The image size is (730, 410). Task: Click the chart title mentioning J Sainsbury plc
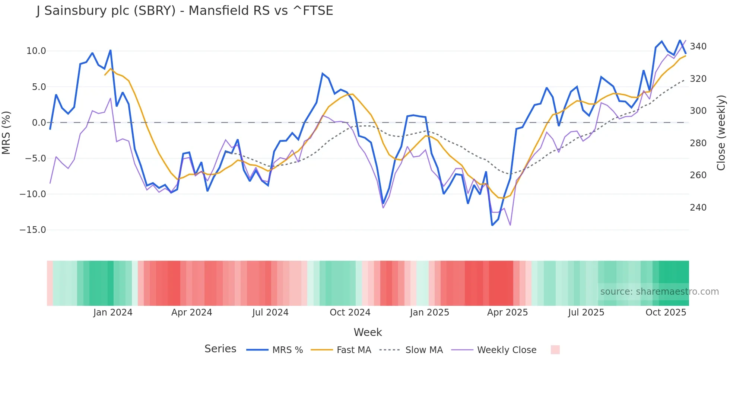(185, 11)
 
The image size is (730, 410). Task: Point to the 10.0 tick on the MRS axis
(36, 51)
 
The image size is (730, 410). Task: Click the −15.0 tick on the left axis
(33, 230)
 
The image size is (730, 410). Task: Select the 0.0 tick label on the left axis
(39, 123)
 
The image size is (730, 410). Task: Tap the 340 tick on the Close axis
(698, 47)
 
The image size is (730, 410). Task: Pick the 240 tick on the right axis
(698, 208)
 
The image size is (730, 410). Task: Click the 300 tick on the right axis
(698, 111)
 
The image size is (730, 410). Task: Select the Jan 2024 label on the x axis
(113, 313)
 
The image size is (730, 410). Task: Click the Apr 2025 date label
(507, 313)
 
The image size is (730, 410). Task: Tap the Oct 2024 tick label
(350, 313)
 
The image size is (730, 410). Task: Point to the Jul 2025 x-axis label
(586, 313)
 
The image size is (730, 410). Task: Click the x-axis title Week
(368, 332)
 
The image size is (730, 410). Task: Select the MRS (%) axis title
(6, 133)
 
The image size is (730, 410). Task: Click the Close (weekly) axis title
(721, 133)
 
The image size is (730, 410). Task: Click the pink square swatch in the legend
(555, 350)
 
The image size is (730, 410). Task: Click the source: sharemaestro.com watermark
(659, 292)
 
